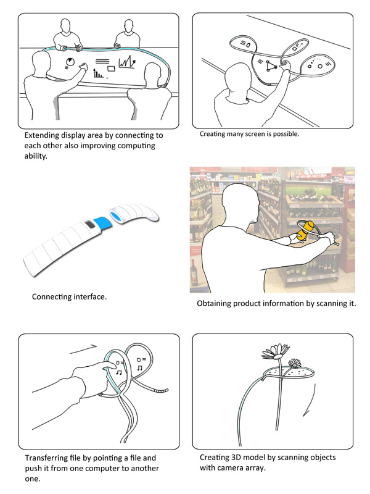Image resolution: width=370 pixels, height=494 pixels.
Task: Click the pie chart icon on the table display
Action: coord(70,62)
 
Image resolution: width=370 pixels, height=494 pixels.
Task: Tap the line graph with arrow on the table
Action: coord(127,62)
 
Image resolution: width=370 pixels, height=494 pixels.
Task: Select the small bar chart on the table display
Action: coord(99,73)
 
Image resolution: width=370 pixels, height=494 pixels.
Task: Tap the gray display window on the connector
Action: coord(90,224)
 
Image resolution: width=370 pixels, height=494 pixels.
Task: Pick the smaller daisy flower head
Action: coord(295,363)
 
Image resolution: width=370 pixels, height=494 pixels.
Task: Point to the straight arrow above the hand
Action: coord(83,349)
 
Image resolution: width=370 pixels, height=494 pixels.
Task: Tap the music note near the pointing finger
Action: coord(119,372)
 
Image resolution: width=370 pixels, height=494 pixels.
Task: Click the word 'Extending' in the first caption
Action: coord(41,135)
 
